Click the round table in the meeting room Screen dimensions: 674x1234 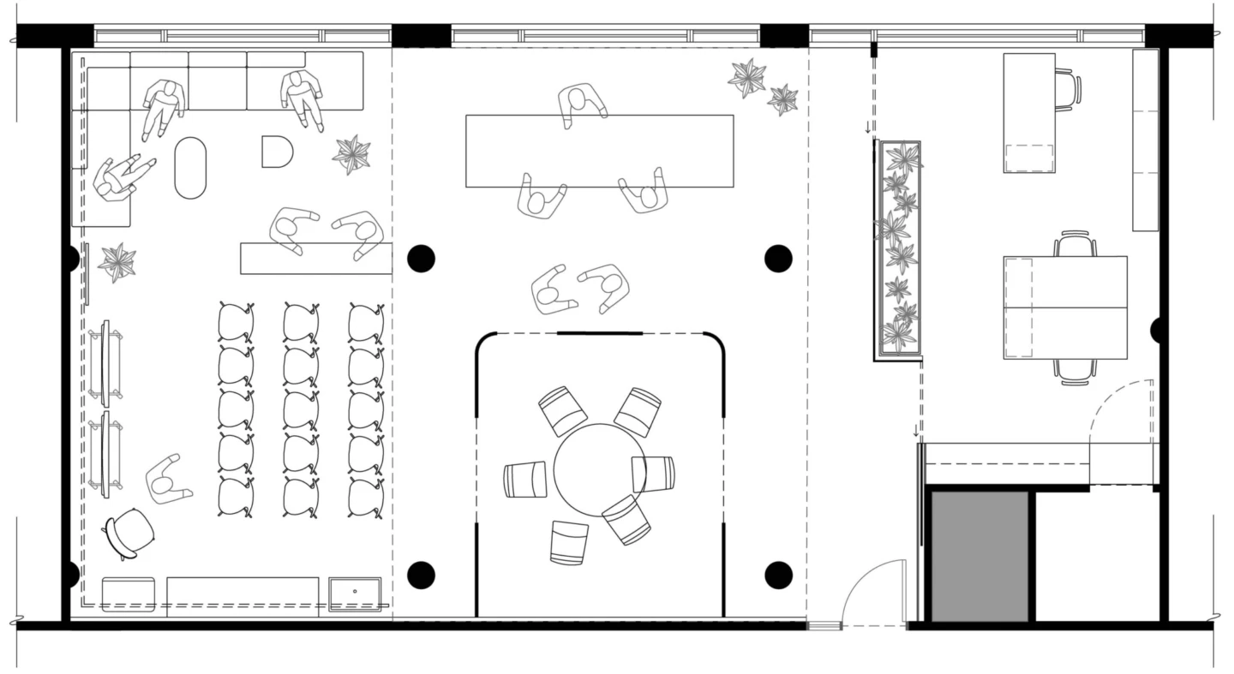click(599, 470)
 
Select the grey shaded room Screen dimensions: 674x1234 click(979, 556)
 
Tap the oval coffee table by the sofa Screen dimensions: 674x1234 click(190, 168)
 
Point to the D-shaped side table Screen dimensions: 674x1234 click(276, 152)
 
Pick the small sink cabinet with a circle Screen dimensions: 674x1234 click(355, 594)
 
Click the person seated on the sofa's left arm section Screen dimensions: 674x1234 click(120, 178)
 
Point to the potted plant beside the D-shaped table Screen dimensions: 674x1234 click(351, 153)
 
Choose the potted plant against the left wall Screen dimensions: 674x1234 click(117, 262)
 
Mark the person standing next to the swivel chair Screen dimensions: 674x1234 click(166, 480)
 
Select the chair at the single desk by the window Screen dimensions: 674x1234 click(1068, 89)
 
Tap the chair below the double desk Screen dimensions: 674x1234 click(1075, 370)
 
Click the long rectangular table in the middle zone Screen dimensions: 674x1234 click(599, 151)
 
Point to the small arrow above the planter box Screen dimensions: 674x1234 click(867, 128)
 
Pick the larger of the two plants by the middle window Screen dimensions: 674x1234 click(746, 78)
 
